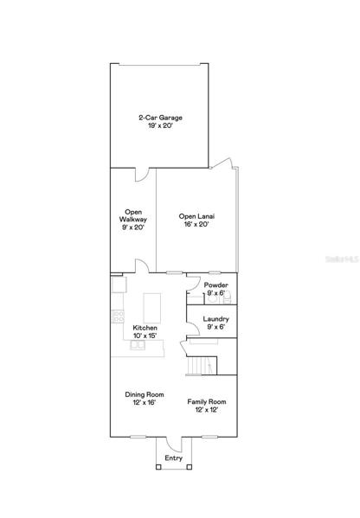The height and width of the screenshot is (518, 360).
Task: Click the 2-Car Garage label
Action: (160, 118)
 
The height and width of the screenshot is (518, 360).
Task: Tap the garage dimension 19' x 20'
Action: (160, 126)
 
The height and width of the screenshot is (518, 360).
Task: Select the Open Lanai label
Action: (196, 216)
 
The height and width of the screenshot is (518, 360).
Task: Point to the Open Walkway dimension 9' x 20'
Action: (133, 227)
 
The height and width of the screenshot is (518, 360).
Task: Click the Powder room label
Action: (215, 285)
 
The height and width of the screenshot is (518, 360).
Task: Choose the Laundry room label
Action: (215, 319)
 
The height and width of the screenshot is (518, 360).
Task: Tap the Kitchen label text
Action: (145, 328)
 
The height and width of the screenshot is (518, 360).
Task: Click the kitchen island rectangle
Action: (152, 308)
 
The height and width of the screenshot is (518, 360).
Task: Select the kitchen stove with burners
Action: (118, 317)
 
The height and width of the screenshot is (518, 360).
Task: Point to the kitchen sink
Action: (138, 345)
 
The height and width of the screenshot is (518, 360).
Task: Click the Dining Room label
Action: (145, 394)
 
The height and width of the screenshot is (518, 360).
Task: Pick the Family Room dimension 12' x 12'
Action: (207, 410)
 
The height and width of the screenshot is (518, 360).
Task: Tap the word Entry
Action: (174, 458)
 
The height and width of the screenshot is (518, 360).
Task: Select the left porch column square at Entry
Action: (158, 467)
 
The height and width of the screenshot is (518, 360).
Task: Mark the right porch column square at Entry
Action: (190, 467)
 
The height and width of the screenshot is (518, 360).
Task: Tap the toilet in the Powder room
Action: (212, 298)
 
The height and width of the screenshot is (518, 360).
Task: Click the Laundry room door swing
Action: (193, 325)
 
